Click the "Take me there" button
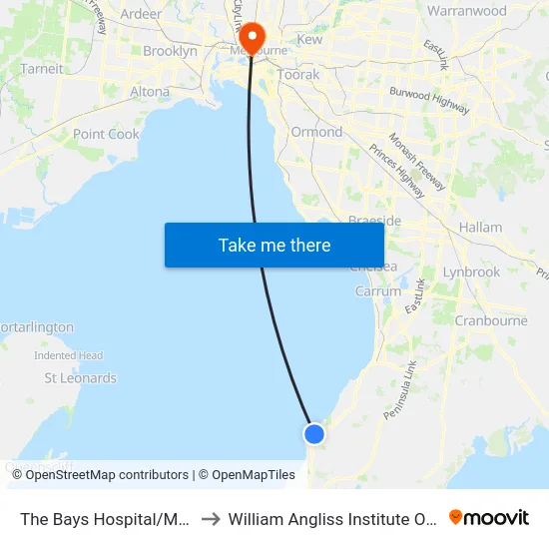pyautogui.click(x=274, y=245)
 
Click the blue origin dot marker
pyautogui.click(x=314, y=433)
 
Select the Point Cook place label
pyautogui.click(x=106, y=134)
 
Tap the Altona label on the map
pyautogui.click(x=151, y=91)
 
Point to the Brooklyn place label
pyautogui.click(x=170, y=51)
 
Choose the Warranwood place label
pyautogui.click(x=466, y=11)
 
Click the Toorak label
pyautogui.click(x=299, y=75)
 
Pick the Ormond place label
pyautogui.click(x=316, y=132)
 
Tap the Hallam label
pyautogui.click(x=480, y=228)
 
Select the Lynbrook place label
pyautogui.click(x=471, y=272)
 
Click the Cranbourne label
pyautogui.click(x=491, y=320)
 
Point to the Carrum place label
pyautogui.click(x=378, y=291)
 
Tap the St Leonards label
pyautogui.click(x=81, y=378)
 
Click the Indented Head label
pyautogui.click(x=69, y=355)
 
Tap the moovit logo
pyautogui.click(x=489, y=517)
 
